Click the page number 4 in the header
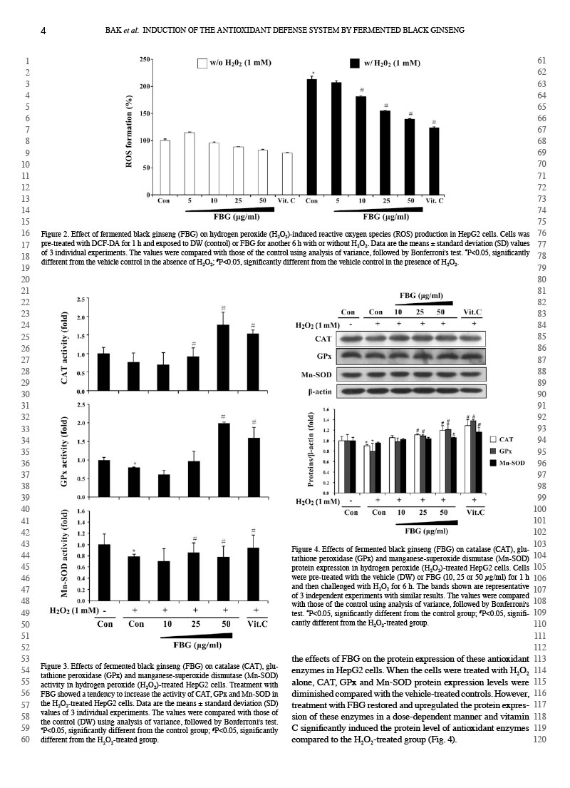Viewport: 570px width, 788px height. (x=43, y=30)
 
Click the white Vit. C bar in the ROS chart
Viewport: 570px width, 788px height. (x=287, y=173)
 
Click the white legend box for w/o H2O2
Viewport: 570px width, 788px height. (x=202, y=63)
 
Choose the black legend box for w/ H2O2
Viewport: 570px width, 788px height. (x=354, y=63)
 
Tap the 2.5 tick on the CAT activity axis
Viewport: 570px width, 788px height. (x=82, y=300)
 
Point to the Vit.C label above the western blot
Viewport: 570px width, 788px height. (x=472, y=312)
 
